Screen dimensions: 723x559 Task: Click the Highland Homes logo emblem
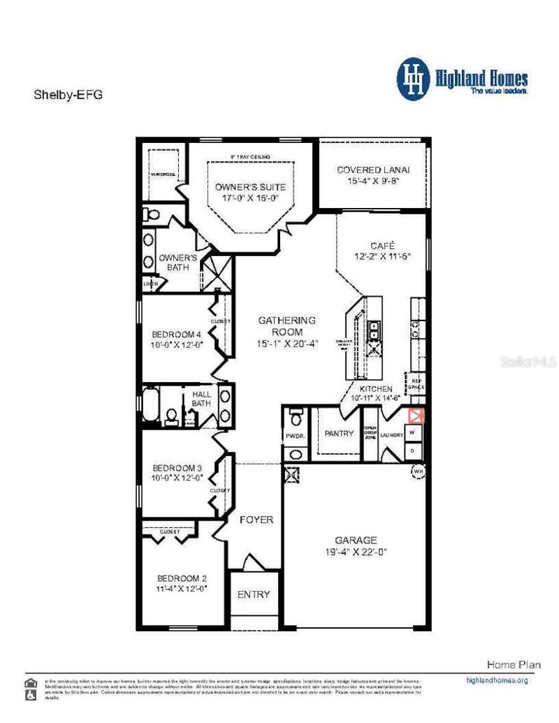(413, 79)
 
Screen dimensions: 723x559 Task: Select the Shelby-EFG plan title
(66, 95)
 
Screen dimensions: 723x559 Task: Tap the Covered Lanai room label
(373, 170)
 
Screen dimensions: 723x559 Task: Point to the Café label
(383, 245)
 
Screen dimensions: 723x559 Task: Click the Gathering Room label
(287, 321)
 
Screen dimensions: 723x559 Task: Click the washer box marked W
(412, 432)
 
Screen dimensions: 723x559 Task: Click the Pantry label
(339, 434)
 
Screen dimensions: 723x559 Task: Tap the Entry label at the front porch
(254, 594)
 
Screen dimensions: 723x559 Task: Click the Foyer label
(256, 519)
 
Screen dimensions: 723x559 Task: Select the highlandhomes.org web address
(496, 680)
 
